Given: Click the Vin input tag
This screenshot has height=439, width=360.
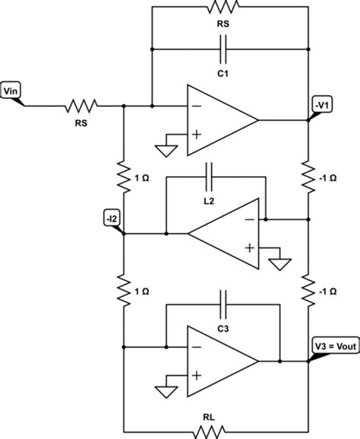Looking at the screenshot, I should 13,93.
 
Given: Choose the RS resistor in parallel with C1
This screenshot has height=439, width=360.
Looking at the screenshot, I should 223,7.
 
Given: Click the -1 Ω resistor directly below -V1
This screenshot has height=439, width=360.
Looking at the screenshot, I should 308,176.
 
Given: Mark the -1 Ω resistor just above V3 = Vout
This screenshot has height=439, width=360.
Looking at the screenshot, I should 308,289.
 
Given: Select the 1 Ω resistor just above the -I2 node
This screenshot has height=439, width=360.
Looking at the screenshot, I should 122,176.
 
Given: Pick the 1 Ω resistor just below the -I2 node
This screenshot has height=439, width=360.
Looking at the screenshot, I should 122,289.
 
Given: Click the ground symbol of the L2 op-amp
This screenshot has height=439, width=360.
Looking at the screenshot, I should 281,264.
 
